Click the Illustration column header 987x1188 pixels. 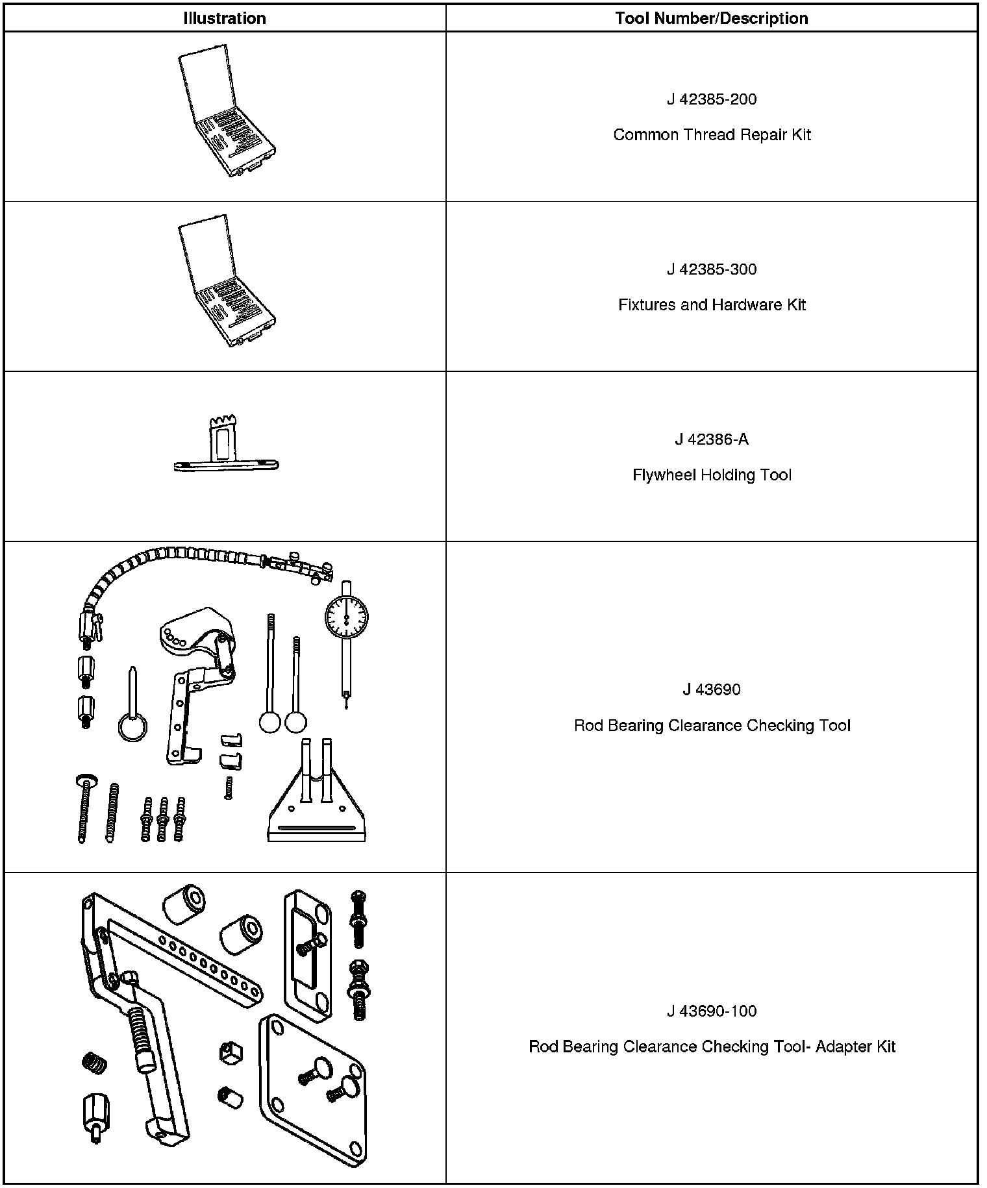coord(225,18)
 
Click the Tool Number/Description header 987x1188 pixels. coord(712,18)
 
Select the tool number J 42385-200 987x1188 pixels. coord(712,99)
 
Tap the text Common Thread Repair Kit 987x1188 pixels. coord(712,135)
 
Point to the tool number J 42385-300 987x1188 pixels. coord(712,269)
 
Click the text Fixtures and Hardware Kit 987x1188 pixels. coord(712,305)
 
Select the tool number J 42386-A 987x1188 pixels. coord(712,439)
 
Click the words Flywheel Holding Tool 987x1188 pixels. coord(712,475)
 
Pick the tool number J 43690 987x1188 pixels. coord(712,689)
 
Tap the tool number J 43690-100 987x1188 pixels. coord(712,1011)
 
